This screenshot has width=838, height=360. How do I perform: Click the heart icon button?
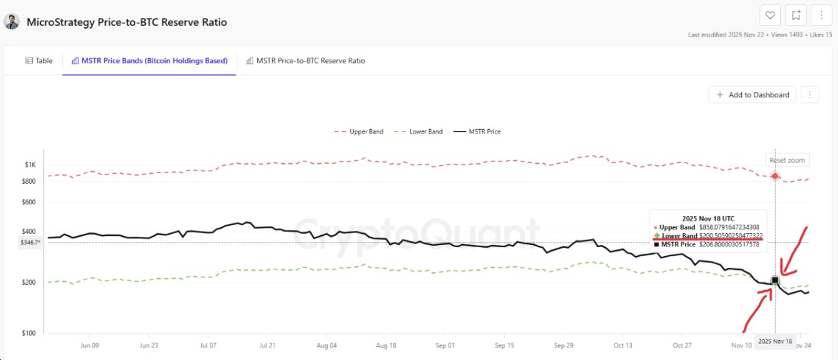pos(770,15)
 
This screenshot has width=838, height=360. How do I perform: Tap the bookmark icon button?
pos(796,15)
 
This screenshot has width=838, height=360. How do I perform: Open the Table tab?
pos(38,61)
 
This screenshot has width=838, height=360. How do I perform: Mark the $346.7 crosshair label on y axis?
pos(30,243)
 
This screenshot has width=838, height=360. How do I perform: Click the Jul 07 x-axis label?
pos(208,346)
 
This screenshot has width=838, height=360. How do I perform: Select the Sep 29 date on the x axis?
pos(564,346)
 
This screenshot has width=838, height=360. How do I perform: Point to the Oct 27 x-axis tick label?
pos(682,346)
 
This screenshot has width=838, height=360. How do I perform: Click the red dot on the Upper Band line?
pos(775,176)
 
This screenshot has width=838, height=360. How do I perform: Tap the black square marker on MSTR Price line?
pos(775,281)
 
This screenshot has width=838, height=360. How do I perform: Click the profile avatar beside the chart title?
pos(12,22)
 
